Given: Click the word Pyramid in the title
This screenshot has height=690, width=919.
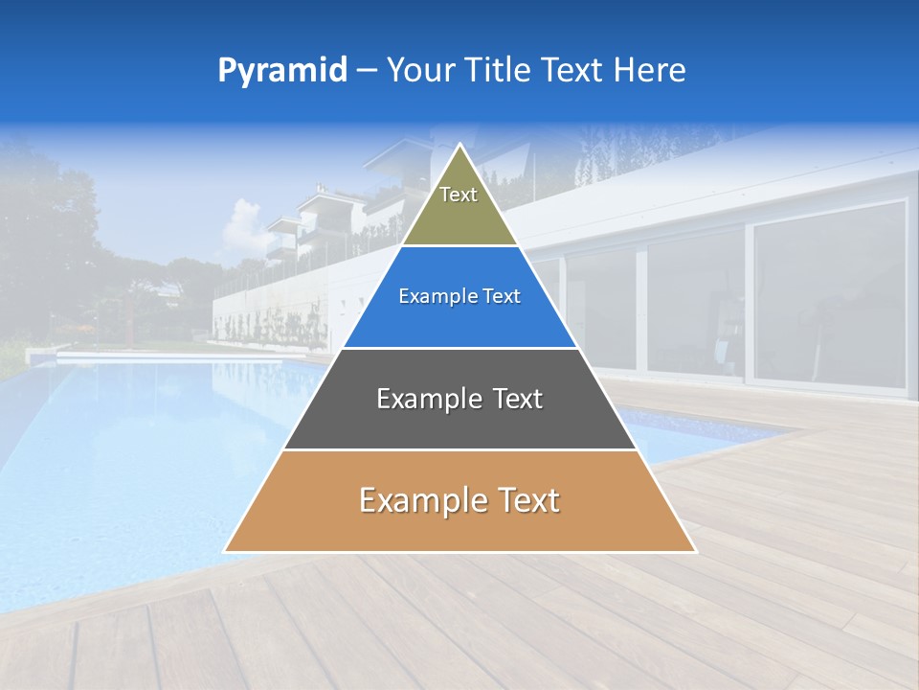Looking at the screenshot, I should [282, 71].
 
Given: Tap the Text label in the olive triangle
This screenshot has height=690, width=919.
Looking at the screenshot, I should [459, 195].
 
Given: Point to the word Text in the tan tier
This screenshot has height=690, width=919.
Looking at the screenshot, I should [526, 500].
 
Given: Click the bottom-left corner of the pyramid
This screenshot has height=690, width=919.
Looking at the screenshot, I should [225, 551].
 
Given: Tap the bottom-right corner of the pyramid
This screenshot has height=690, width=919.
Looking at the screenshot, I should [695, 551].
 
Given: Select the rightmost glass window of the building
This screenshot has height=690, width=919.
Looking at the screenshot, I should [828, 292].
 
